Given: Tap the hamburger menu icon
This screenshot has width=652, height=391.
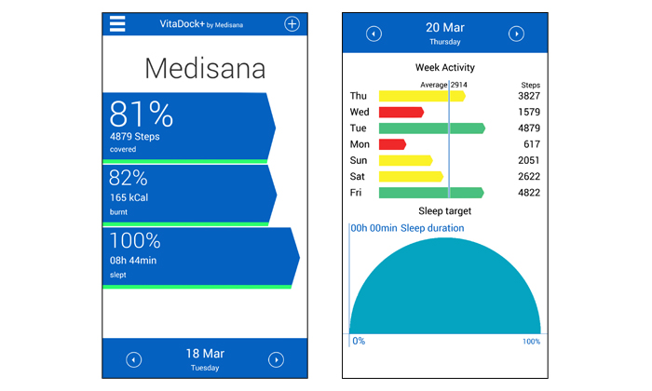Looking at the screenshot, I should (x=117, y=24).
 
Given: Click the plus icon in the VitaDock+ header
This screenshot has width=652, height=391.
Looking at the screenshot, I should (x=292, y=24).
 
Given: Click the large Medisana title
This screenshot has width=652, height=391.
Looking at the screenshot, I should (x=205, y=68).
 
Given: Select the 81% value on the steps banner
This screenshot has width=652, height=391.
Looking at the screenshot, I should (x=142, y=115).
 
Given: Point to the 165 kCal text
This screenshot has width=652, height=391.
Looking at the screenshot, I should (x=129, y=197).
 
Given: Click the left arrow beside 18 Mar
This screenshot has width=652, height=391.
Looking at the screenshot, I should (x=134, y=359).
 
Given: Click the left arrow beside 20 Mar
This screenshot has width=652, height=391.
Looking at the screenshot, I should (x=374, y=34).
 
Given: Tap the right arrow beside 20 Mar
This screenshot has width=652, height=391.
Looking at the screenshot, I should (x=516, y=34).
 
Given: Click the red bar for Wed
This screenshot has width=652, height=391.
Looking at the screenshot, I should (x=401, y=112).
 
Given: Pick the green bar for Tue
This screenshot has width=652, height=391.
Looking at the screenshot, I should (x=431, y=128).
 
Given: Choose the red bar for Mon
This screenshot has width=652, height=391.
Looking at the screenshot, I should (x=392, y=144).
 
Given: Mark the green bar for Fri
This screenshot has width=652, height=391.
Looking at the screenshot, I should (x=430, y=193).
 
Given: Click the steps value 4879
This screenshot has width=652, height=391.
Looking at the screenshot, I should (x=528, y=128).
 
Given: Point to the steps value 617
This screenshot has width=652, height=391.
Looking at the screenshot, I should (x=532, y=144).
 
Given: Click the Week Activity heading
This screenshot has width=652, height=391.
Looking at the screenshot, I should (x=444, y=67).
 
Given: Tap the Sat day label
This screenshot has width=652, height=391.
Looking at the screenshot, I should (x=359, y=177).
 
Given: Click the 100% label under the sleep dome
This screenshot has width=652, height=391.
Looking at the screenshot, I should (x=531, y=342).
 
